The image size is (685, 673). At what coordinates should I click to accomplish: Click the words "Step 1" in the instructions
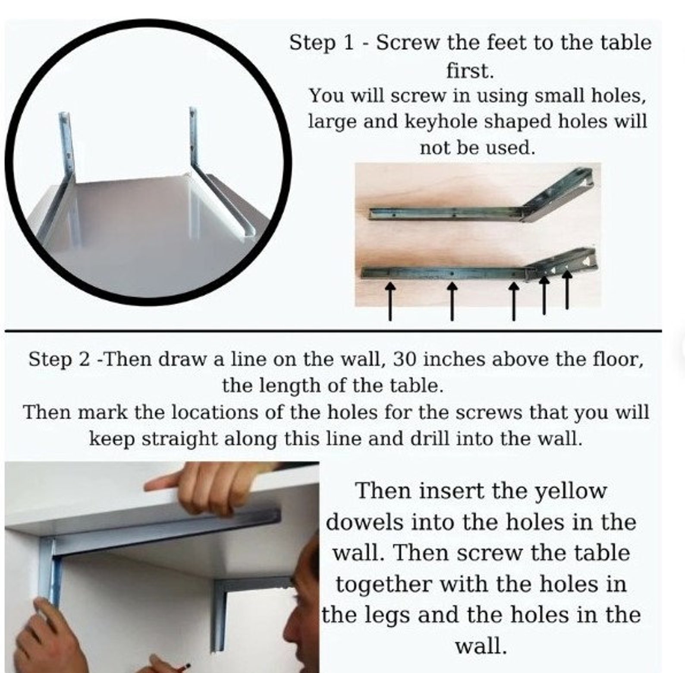(321, 43)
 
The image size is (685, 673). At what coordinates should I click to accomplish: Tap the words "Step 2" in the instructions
(60, 360)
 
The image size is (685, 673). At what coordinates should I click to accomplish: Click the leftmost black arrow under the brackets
(390, 301)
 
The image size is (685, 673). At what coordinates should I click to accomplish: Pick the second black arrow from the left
(452, 301)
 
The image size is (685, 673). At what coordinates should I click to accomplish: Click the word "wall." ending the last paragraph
(481, 647)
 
